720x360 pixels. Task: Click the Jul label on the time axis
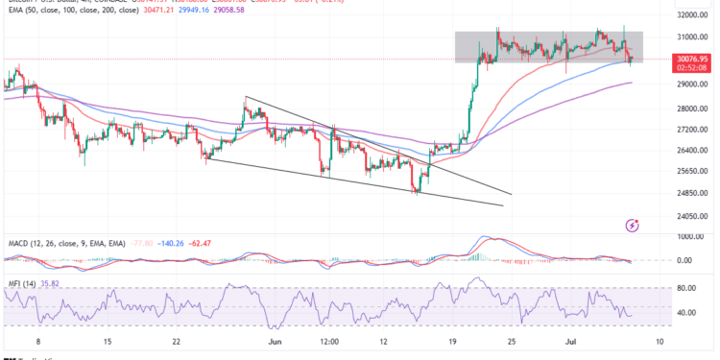click(569, 340)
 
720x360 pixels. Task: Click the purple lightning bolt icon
click(632, 225)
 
